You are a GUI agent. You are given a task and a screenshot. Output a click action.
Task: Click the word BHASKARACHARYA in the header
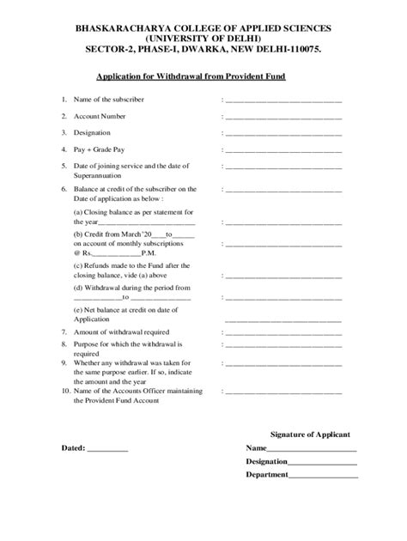pos(117,29)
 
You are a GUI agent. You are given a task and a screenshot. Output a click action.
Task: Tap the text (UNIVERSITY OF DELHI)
pos(203,40)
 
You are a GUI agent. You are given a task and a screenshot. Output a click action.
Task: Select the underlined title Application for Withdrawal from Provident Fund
pos(203,76)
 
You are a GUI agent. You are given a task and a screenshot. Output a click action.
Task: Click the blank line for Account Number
pos(283,117)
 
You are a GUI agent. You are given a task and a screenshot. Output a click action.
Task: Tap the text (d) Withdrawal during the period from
pos(131,289)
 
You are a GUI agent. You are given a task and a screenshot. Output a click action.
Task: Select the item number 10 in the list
pos(65,392)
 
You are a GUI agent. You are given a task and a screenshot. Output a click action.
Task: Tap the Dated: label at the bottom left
pos(73,448)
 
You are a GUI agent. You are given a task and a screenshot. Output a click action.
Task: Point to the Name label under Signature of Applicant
pos(256,448)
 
